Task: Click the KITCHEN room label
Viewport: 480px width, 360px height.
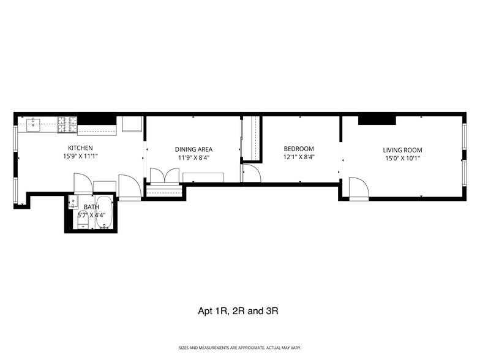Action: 80,148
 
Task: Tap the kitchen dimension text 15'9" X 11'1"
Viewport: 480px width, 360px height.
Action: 80,157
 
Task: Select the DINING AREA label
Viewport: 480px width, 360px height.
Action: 193,149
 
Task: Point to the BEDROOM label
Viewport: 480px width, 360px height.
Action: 299,149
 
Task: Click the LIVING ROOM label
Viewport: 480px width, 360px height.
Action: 402,150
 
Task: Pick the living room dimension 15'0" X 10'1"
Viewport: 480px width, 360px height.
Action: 402,159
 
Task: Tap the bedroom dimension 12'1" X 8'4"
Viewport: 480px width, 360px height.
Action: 299,157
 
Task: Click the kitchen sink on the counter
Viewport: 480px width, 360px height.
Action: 34,124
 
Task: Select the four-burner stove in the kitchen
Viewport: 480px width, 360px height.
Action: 67,124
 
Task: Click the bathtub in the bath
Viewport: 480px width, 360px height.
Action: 105,212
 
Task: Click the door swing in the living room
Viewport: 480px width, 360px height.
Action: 358,188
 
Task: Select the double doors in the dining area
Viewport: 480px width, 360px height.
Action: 163,176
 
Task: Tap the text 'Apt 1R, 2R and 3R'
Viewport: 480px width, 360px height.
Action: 238,311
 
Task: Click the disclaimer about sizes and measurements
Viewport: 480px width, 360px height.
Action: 239,348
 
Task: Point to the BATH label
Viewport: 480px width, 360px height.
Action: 91,207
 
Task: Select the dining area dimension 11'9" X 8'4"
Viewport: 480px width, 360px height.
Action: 193,157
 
